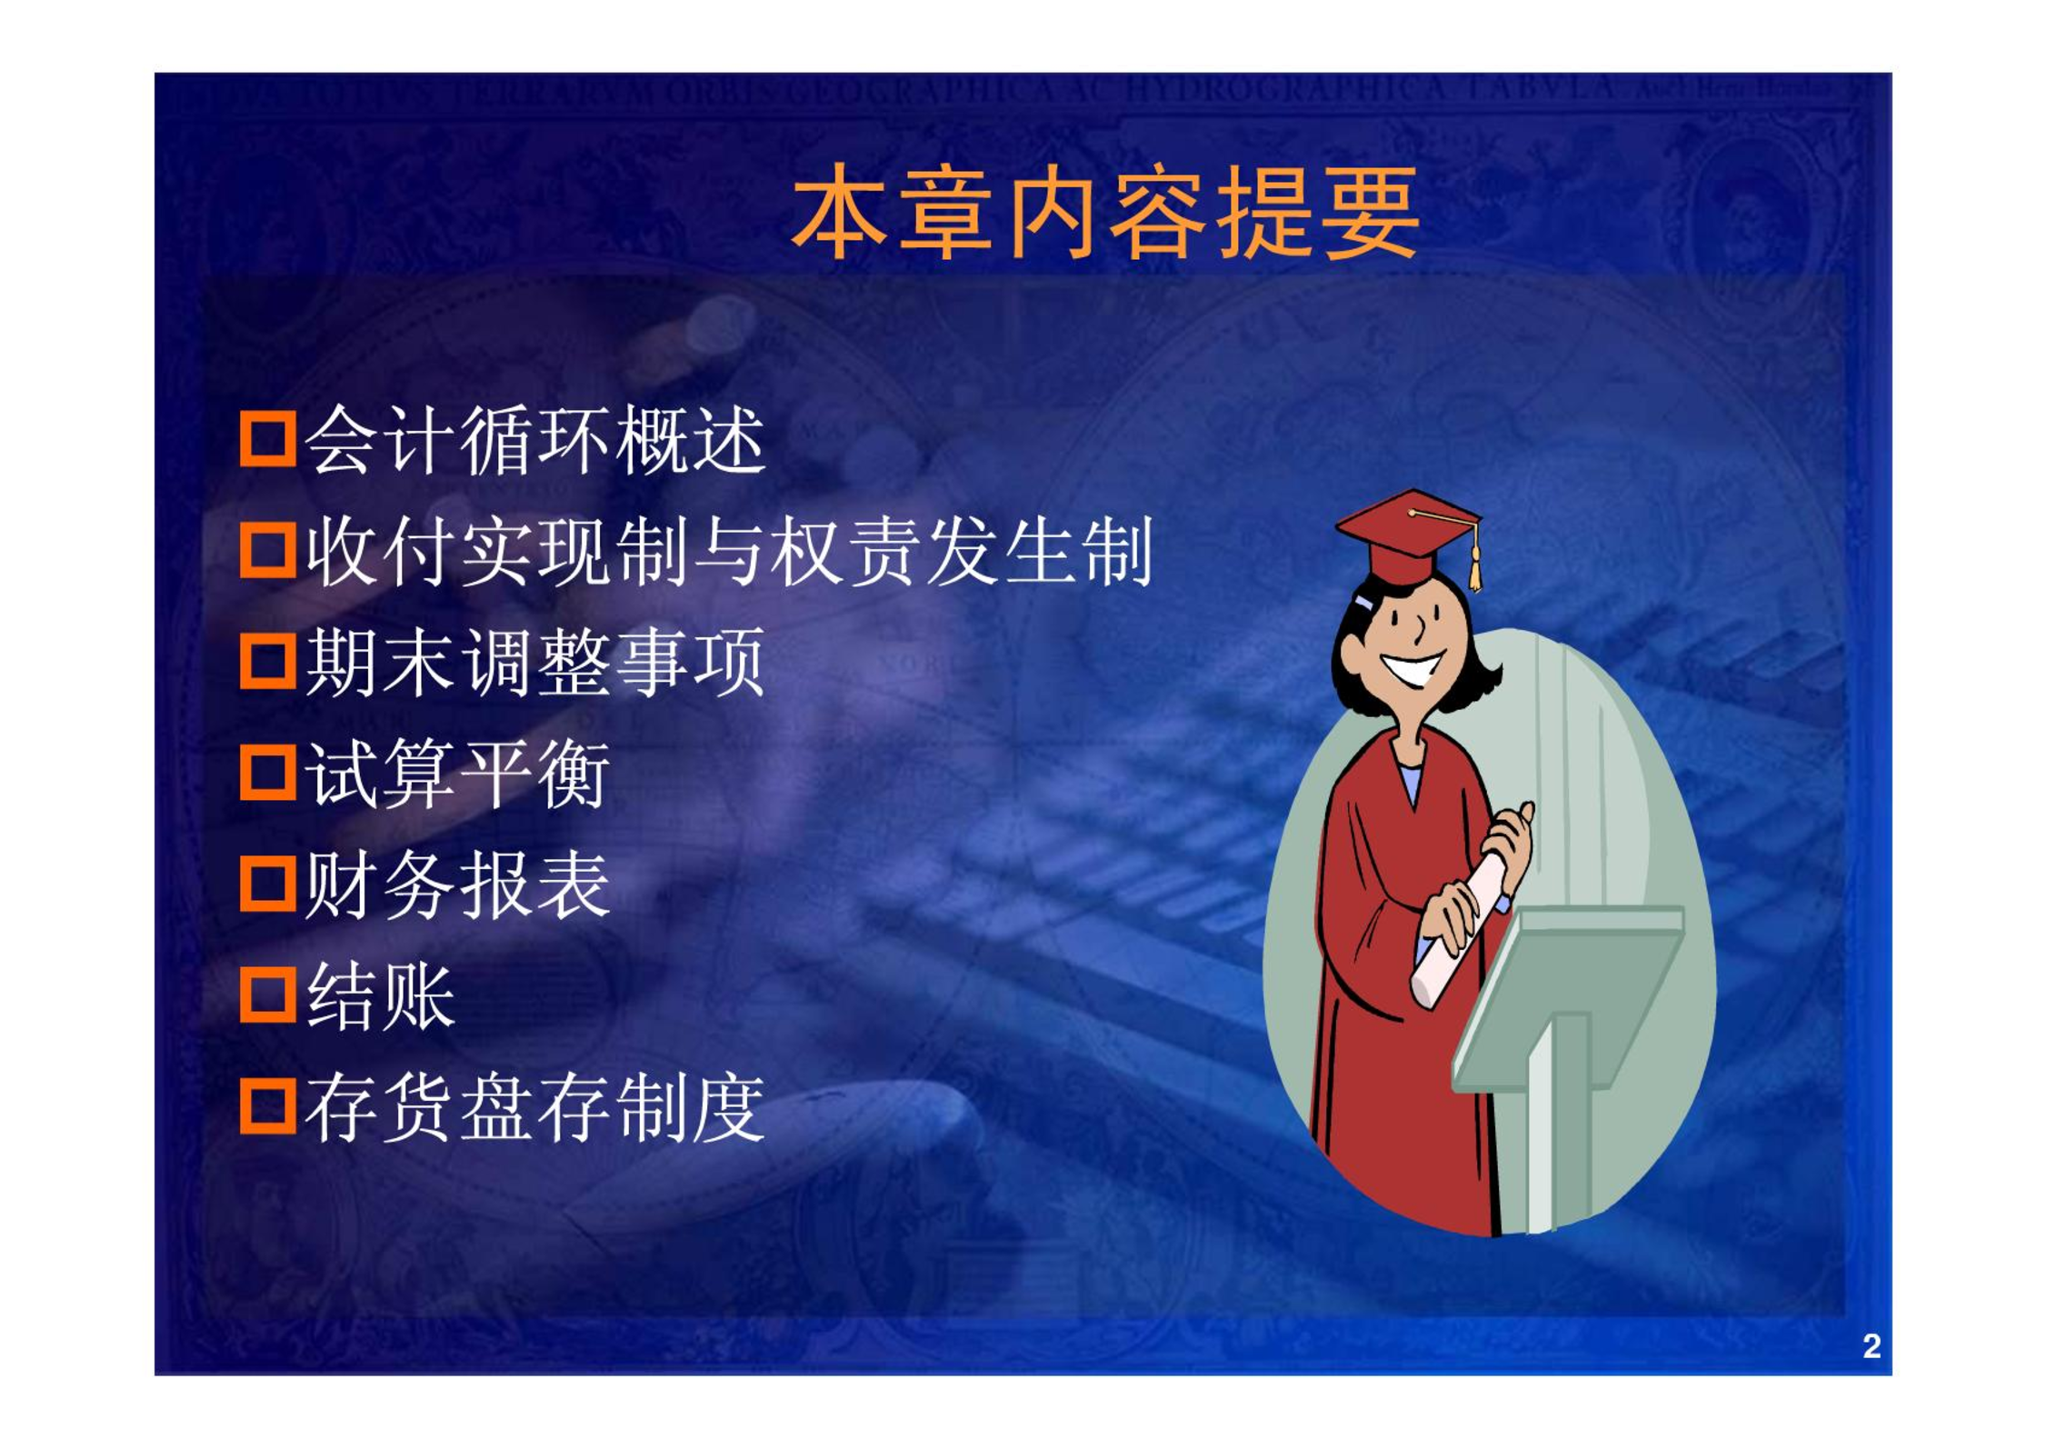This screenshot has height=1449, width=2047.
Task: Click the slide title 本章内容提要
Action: (1105, 213)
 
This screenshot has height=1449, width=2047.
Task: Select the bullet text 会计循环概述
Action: (535, 440)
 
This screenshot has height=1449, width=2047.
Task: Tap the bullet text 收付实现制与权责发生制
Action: (729, 551)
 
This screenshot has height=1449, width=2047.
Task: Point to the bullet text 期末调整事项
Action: (535, 662)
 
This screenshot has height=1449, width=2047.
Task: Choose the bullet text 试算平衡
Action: (457, 774)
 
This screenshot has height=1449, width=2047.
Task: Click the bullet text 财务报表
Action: (457, 884)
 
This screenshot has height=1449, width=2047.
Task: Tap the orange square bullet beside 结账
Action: (268, 995)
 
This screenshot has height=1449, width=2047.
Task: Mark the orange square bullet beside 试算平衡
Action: (268, 773)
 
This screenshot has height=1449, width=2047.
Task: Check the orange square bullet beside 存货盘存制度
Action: (268, 1106)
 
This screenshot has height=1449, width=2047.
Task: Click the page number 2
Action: (1871, 1346)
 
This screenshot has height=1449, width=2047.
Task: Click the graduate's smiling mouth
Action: (1412, 668)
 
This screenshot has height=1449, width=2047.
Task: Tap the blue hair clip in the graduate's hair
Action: (1363, 602)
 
